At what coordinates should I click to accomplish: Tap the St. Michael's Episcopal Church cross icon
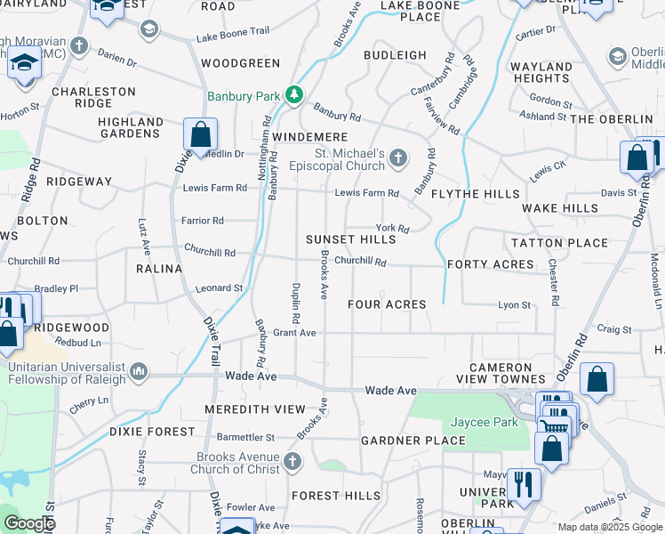coord(399,158)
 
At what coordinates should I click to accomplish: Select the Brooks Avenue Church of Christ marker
coord(293,461)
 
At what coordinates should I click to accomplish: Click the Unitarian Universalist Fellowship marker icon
coord(138,370)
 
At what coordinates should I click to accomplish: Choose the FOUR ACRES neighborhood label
coord(387,304)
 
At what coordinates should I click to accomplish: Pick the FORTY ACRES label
coord(491,264)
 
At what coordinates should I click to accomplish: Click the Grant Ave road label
coord(294,333)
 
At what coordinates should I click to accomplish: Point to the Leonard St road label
coord(220,288)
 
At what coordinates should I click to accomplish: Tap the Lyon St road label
coord(514,305)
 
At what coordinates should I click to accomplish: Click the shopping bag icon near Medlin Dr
coord(201,136)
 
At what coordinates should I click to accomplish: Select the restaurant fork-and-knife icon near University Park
coord(523,485)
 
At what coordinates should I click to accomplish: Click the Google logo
coord(29,523)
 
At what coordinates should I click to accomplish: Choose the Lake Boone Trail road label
coord(233,31)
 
